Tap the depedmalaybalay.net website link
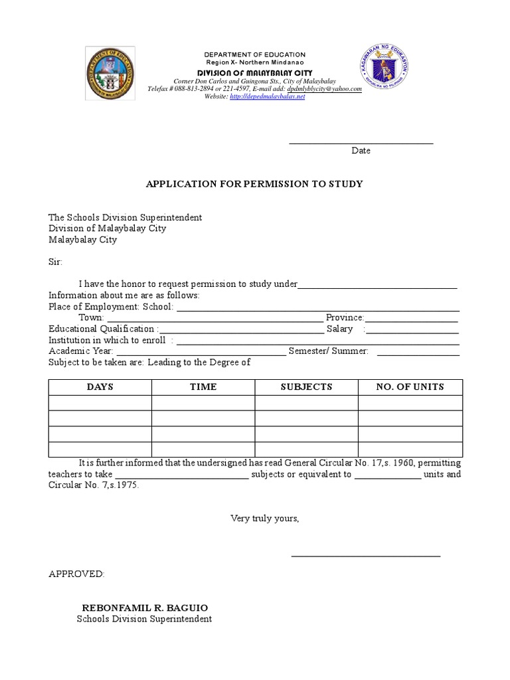point(267,96)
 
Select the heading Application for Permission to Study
point(254,184)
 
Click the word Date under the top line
point(361,151)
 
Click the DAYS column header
point(100,387)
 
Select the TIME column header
point(203,387)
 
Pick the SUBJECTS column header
point(306,387)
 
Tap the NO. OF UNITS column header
point(410,387)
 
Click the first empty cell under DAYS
point(100,403)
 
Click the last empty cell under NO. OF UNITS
point(410,450)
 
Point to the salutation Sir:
point(55,262)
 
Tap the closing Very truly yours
point(265,518)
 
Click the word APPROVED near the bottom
point(76,574)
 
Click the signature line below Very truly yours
point(366,555)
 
